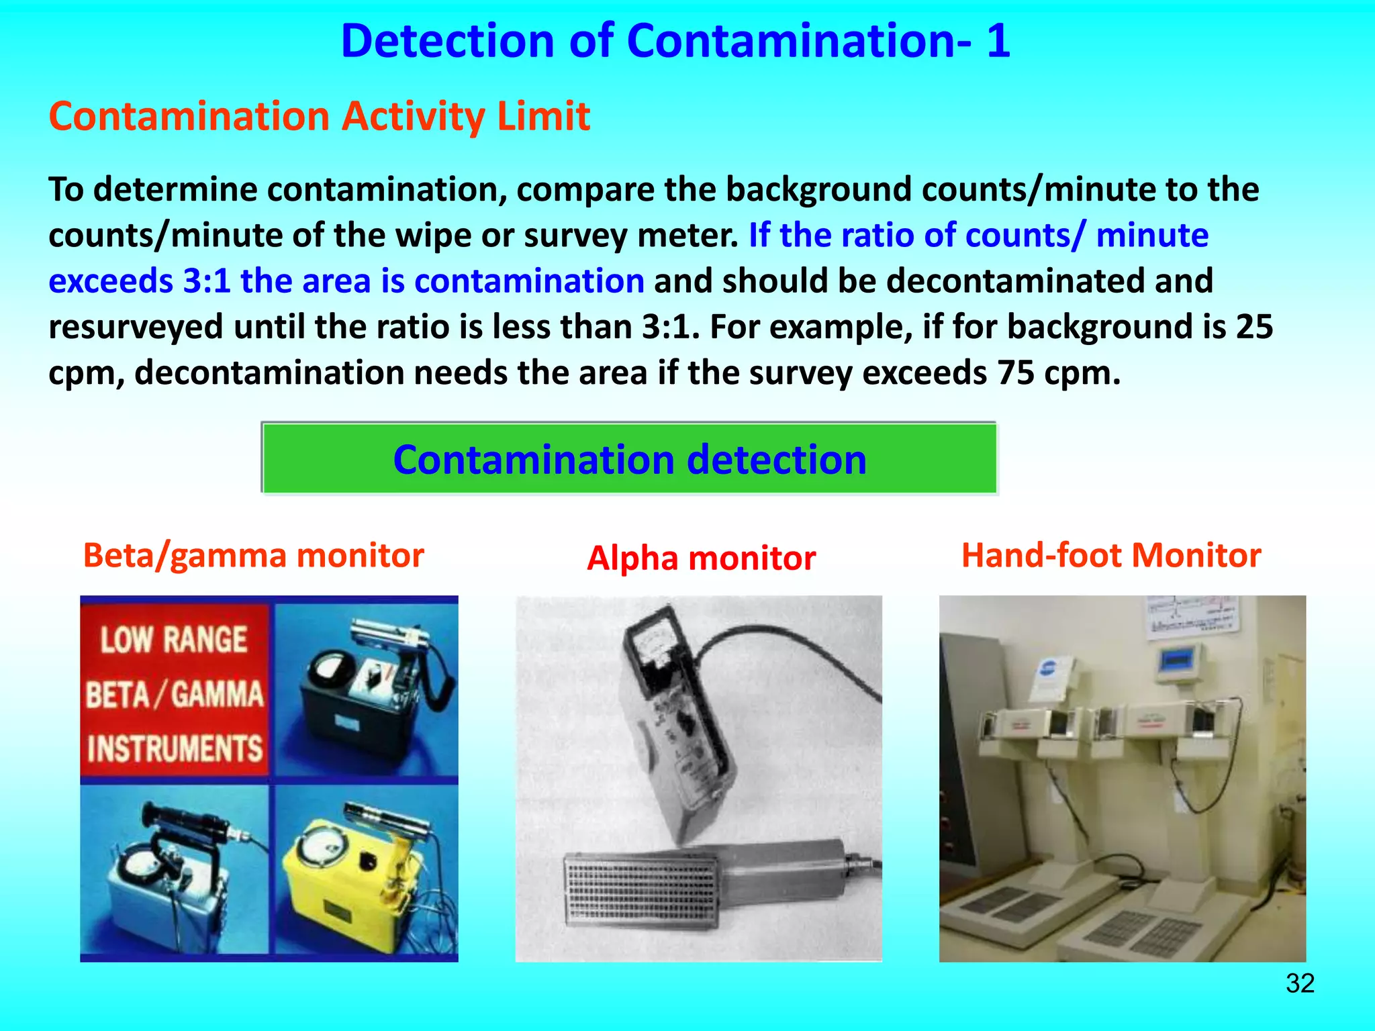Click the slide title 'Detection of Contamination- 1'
pos(675,41)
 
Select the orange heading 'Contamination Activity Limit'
pos(320,117)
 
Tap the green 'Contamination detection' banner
pos(629,459)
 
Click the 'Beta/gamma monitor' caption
pos(254,556)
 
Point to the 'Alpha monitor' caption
pos(702,558)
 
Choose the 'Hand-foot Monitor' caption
pos(1111,556)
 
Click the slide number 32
pos(1300,983)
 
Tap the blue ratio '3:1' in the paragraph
pos(207,281)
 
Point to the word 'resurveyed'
pos(136,328)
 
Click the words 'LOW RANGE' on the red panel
pos(174,639)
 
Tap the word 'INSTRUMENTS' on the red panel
pos(175,748)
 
